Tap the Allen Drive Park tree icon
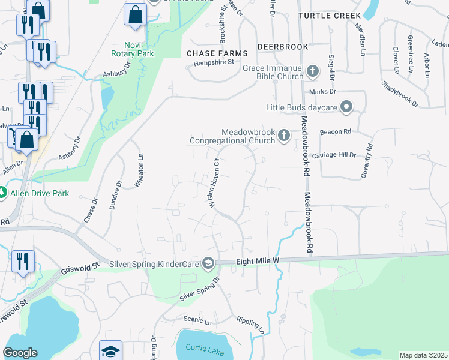click(x=3, y=193)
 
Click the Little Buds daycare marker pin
click(x=346, y=107)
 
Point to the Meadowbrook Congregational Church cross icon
click(x=284, y=137)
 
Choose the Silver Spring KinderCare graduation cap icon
click(x=208, y=263)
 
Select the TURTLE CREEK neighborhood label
click(x=330, y=15)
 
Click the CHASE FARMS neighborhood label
click(x=217, y=53)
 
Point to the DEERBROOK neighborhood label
click(x=282, y=46)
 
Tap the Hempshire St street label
click(x=214, y=61)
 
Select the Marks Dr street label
click(x=322, y=92)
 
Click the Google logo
click(x=20, y=353)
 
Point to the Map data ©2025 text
click(x=423, y=355)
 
